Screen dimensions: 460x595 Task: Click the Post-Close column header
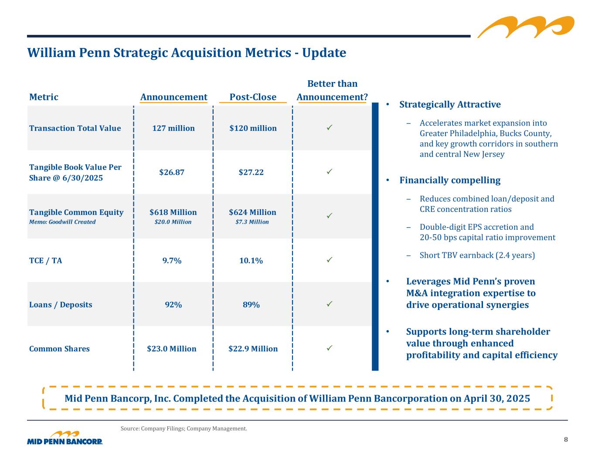point(253,97)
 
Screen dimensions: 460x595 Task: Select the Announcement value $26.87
point(172,172)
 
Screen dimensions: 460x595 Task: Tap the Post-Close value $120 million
point(253,128)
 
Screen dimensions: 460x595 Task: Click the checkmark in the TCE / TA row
point(330,260)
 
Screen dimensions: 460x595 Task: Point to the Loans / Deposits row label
point(61,305)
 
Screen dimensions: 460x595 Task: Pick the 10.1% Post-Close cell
point(251,261)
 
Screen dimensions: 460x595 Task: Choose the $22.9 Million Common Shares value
point(253,349)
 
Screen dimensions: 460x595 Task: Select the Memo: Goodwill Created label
point(62,222)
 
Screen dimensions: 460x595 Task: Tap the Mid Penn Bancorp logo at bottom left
point(65,438)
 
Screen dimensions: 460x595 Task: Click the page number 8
point(566,440)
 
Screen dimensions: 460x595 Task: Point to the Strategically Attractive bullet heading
point(450,105)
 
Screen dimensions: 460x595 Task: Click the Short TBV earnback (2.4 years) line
point(477,255)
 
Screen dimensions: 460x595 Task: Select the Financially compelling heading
point(450,181)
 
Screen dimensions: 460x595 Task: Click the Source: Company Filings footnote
point(184,429)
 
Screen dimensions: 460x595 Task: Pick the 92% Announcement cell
point(173,305)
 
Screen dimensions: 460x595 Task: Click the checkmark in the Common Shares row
point(330,348)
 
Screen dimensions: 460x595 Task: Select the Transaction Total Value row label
point(75,128)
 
